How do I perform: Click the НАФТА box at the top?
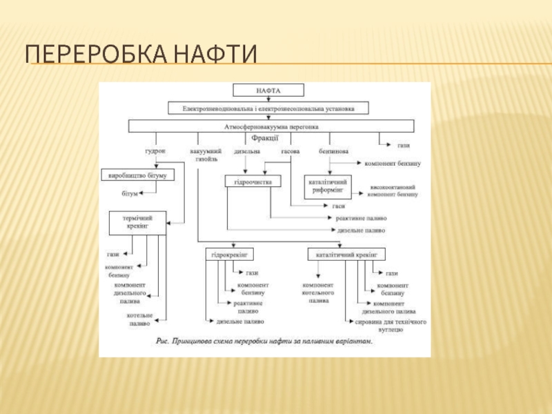coord(268,90)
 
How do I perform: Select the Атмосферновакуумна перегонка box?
coord(271,127)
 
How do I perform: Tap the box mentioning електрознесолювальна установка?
coord(268,108)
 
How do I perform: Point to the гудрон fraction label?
coord(155,150)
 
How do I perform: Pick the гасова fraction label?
coord(290,150)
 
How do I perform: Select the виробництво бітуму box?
coord(137,175)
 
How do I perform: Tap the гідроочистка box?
coord(248,181)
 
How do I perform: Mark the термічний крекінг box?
coord(139,222)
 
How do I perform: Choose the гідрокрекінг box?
coord(227,254)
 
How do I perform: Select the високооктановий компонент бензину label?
coord(393,190)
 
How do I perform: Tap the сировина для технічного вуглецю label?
coord(391,325)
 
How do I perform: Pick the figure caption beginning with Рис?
coord(264,342)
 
